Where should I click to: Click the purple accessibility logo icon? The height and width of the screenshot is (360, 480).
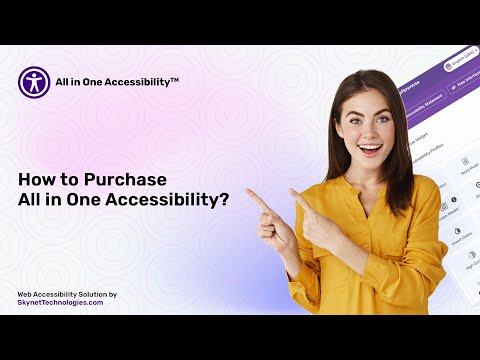coord(34,82)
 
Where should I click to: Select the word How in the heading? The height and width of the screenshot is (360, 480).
coord(34,180)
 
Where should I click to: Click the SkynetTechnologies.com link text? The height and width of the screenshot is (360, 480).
coord(60,302)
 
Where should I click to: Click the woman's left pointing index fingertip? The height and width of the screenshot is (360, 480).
coord(250,192)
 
